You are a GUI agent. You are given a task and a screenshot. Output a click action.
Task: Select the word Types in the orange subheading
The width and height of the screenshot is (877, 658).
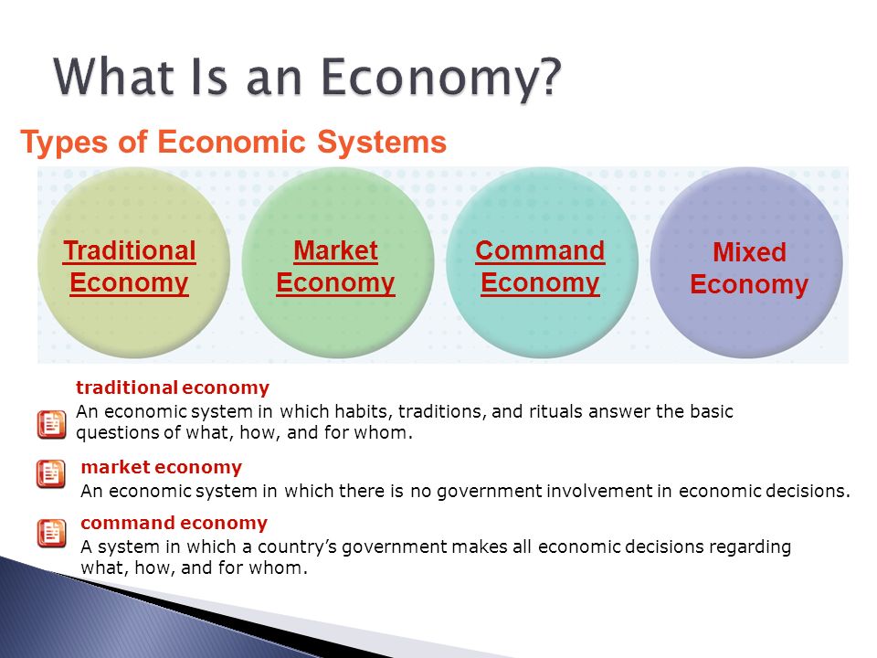tap(63, 143)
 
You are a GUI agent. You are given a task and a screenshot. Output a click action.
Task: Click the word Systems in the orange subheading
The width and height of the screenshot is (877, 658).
tap(382, 143)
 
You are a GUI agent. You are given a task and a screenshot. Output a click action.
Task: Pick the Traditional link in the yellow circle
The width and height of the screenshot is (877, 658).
tap(129, 250)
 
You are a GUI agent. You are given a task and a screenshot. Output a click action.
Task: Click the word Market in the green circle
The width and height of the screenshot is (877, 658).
tap(335, 250)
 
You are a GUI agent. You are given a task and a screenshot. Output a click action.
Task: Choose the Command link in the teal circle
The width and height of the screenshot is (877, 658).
tap(540, 250)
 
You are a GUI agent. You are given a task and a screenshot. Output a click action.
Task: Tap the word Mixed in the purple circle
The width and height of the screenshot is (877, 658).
tap(749, 252)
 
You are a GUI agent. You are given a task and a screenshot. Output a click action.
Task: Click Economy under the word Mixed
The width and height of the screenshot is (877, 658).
tap(749, 285)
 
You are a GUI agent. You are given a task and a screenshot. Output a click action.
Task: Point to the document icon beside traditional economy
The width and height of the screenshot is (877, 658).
tap(51, 425)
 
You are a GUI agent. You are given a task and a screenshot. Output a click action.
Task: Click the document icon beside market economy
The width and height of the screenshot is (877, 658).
tap(51, 474)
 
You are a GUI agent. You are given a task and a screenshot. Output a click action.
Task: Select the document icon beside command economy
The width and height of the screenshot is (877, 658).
tap(51, 533)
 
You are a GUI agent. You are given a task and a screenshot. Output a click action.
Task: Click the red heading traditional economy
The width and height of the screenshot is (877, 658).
tap(173, 387)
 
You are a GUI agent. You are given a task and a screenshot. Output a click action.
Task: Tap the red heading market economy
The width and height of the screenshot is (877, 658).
tap(161, 467)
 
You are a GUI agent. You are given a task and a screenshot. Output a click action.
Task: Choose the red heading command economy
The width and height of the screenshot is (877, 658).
tap(174, 523)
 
